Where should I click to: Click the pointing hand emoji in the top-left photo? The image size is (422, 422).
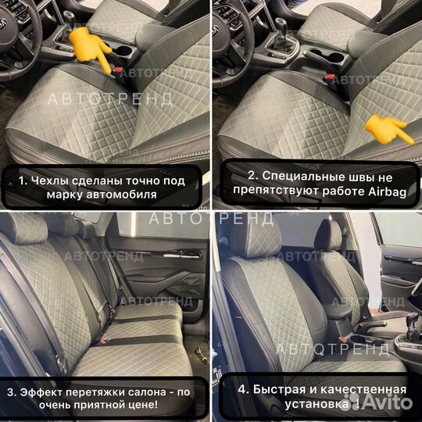coord(82,47)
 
